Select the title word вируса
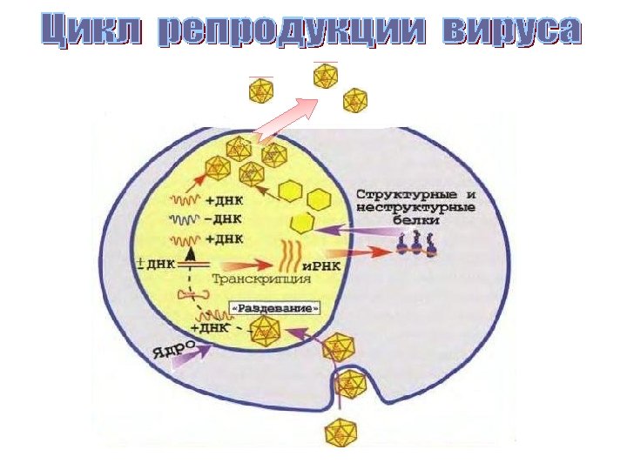point(510,31)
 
